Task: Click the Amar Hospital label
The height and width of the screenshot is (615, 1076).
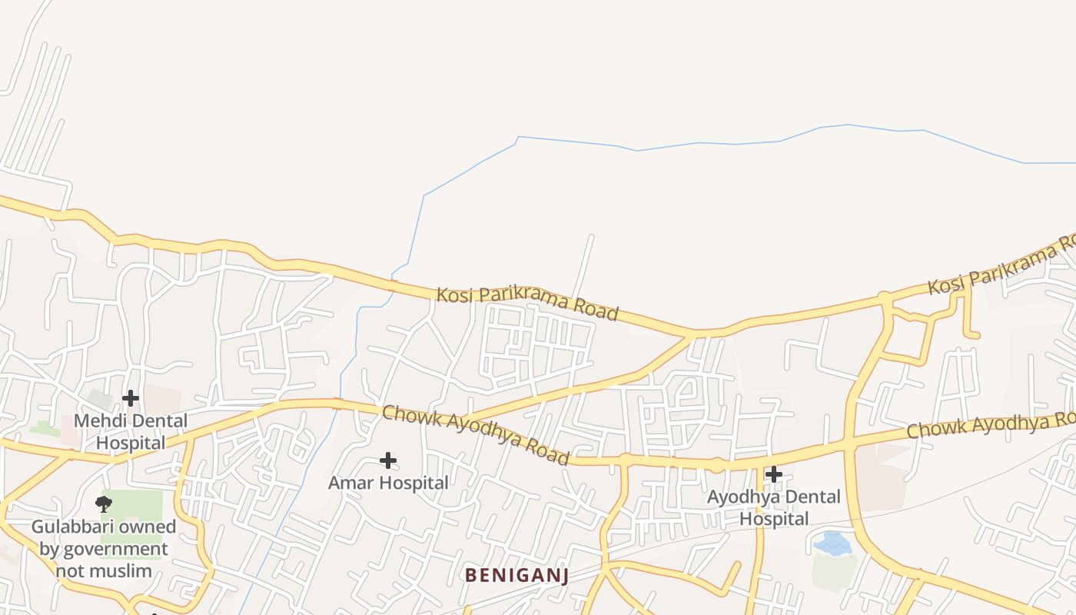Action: tap(388, 483)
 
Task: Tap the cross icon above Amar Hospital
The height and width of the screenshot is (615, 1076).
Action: tap(388, 460)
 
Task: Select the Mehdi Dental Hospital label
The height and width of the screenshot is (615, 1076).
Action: tap(131, 431)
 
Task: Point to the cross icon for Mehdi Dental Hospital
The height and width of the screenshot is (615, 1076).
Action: tap(131, 398)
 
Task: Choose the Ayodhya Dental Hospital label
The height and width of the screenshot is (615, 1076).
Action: tap(774, 507)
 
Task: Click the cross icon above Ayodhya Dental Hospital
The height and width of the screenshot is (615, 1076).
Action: tap(774, 474)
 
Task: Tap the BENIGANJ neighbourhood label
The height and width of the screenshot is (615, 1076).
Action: tap(516, 575)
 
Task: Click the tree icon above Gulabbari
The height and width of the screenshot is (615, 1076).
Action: tap(104, 504)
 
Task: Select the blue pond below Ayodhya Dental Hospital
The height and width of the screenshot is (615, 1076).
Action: tap(832, 544)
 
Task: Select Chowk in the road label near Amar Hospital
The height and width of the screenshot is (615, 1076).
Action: tap(410, 416)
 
